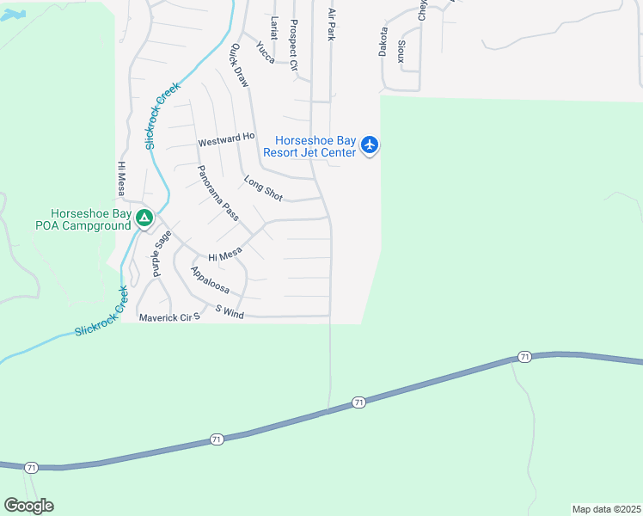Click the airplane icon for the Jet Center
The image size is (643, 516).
(x=370, y=144)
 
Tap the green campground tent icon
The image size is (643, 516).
(x=144, y=219)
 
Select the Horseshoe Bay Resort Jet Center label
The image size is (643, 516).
(x=315, y=147)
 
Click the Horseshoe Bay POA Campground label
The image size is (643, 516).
(x=89, y=219)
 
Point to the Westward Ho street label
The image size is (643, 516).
(x=227, y=138)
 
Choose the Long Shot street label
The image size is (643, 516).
(x=263, y=189)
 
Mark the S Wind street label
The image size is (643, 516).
(x=230, y=311)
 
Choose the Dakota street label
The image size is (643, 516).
(x=383, y=41)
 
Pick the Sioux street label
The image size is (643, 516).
(x=401, y=50)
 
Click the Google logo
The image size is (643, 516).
(x=28, y=506)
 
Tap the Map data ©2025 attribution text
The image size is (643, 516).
(x=606, y=509)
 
